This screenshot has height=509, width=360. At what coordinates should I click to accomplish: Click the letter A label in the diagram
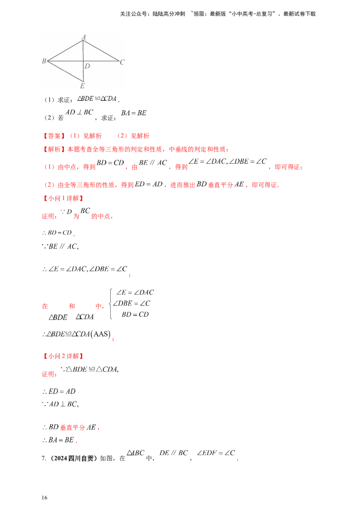pos(84,36)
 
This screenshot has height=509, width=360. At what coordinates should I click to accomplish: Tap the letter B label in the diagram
pos(44,61)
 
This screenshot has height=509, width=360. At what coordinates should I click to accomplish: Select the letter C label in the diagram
pos(122,62)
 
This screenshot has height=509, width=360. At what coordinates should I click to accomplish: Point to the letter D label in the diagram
pos(87,66)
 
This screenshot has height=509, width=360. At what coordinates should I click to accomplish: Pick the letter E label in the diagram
pos(82,86)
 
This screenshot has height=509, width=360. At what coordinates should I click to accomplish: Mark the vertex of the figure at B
pos(47,61)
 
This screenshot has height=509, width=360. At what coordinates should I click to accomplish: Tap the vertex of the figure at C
pos(119,61)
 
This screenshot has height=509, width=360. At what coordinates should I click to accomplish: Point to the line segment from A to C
pos(101,50)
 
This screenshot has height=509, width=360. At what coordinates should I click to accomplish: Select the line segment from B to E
pos(65,71)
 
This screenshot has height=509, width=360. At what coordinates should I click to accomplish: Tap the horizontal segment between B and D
pos(65,61)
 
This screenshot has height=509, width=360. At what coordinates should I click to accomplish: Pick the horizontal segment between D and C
pos(101,61)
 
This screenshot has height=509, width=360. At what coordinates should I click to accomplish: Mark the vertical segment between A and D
pos(84,50)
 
